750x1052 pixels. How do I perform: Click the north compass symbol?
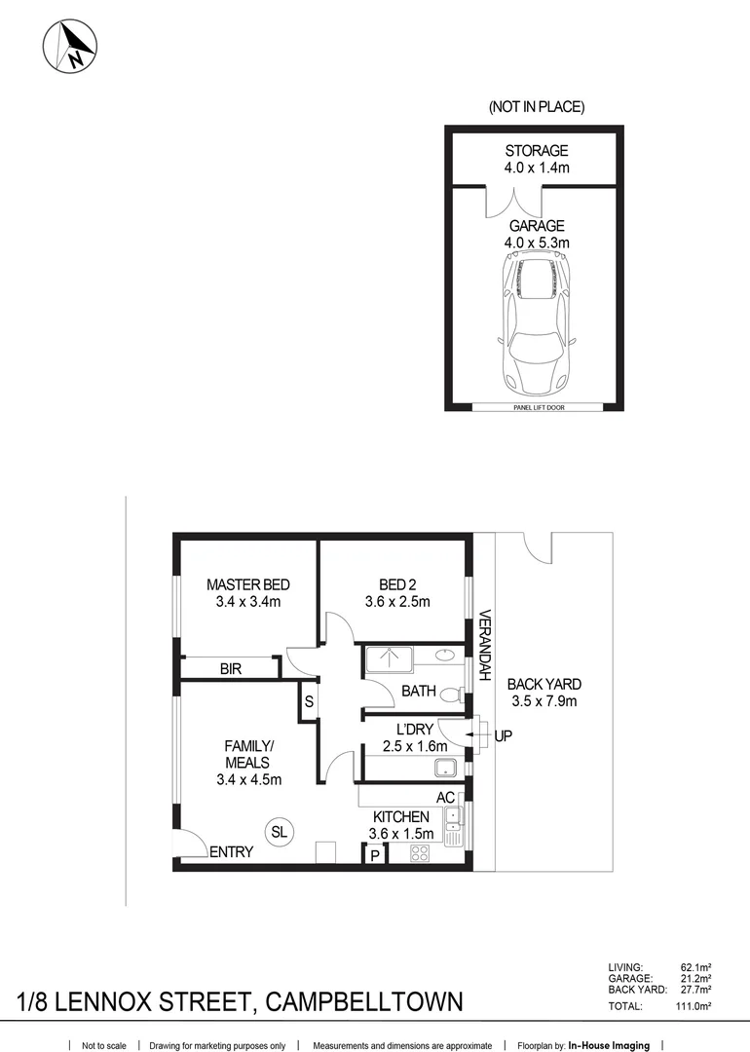tap(70, 45)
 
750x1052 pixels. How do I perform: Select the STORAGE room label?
tap(536, 151)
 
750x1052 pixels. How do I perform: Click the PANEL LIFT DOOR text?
tap(535, 408)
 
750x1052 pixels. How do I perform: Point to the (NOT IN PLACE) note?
tap(536, 107)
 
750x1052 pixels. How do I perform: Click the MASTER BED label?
tap(247, 584)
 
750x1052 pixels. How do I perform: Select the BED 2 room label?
tap(397, 584)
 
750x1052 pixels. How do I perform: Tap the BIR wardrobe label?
tap(231, 669)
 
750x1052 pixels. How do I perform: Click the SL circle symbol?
tap(279, 831)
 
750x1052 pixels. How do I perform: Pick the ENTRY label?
tap(232, 852)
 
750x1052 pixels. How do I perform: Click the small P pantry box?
tap(375, 855)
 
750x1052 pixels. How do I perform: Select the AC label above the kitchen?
tap(445, 798)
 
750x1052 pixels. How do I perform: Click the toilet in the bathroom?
tap(450, 695)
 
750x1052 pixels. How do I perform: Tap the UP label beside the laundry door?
tap(503, 736)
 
